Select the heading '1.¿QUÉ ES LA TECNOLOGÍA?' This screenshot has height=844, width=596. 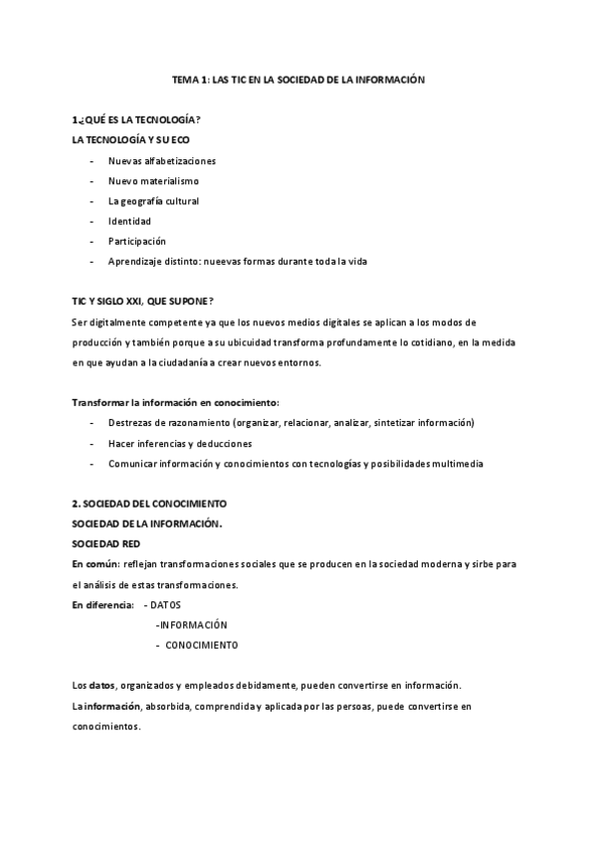(129, 119)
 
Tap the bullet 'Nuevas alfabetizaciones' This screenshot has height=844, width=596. (162, 160)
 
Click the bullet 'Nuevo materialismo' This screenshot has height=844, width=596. (153, 181)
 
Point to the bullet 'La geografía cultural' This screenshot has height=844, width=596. (153, 201)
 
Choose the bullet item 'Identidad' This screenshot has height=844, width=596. (129, 221)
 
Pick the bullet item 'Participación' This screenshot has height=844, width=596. (137, 241)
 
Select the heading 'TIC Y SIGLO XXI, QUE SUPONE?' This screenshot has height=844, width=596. (143, 302)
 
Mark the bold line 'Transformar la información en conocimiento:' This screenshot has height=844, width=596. (175, 403)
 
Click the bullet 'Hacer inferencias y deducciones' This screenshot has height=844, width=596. (179, 443)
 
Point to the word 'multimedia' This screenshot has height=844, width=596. (459, 464)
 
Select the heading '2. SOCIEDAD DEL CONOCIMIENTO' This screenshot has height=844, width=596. (149, 504)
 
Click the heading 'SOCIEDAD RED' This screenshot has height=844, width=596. (105, 544)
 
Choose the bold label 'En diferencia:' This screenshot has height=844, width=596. (102, 604)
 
